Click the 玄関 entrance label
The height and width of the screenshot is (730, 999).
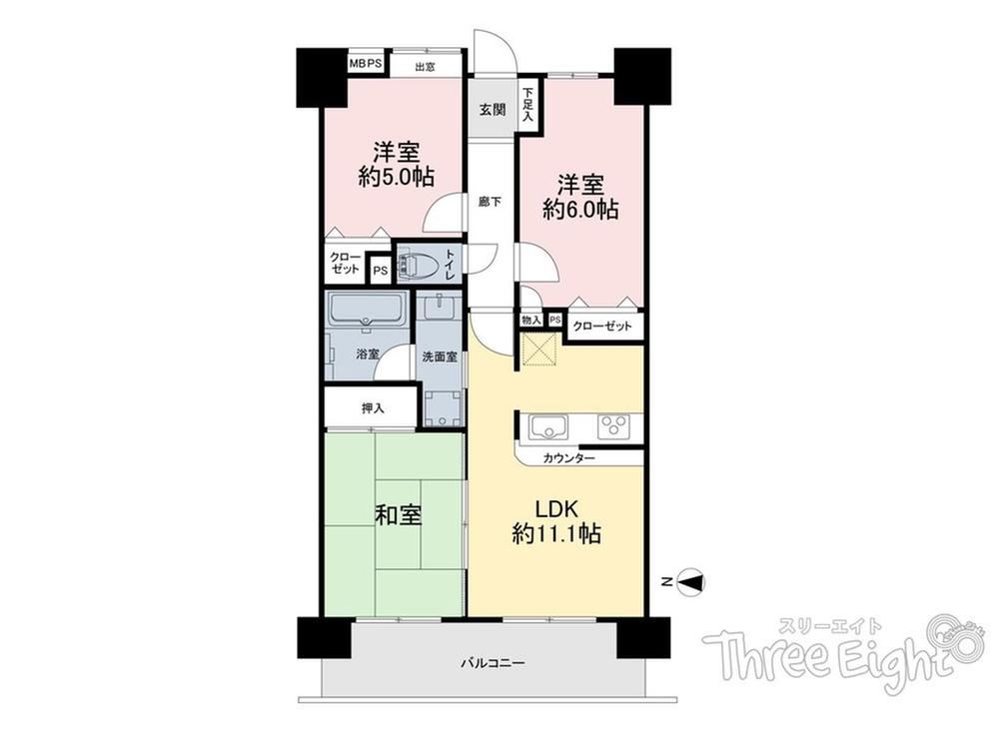click(x=493, y=110)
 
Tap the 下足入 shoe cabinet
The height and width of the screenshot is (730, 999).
click(x=528, y=106)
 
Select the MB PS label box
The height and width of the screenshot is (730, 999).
click(x=366, y=64)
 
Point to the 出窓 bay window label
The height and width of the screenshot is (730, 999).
click(x=425, y=66)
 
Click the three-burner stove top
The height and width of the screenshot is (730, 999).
click(x=613, y=426)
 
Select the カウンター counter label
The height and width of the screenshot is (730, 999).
click(x=569, y=458)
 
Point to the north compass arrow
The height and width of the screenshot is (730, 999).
click(x=691, y=581)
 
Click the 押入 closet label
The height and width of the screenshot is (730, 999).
click(x=373, y=408)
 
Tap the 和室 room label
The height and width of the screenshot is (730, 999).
click(x=399, y=514)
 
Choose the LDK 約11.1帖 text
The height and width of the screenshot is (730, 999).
click(x=556, y=521)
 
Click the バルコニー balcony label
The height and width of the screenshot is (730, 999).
click(x=494, y=663)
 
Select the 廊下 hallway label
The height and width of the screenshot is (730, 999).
click(x=490, y=202)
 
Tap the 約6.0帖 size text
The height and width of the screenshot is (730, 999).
click(x=580, y=209)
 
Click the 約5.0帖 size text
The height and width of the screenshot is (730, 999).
click(x=397, y=176)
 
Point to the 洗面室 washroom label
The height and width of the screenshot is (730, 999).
click(x=440, y=357)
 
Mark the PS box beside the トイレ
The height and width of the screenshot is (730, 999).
click(x=381, y=270)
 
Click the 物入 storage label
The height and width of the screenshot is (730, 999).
click(x=530, y=320)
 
